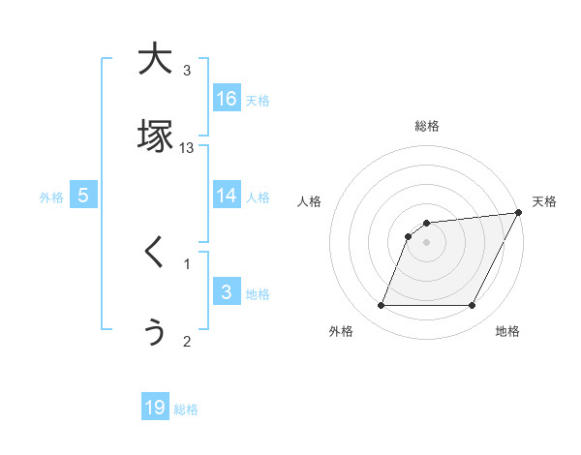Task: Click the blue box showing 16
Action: [x=227, y=98]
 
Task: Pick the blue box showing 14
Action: [x=227, y=196]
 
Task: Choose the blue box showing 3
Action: [x=227, y=292]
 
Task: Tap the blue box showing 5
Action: [x=83, y=196]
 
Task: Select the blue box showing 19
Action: [x=155, y=408]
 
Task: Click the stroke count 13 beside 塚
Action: [x=187, y=147]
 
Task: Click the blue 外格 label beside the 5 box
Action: [x=51, y=197]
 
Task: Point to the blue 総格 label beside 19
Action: [x=186, y=409]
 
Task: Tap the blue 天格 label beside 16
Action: [x=258, y=99]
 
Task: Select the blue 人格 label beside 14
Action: [x=258, y=197]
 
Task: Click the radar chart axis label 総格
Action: [x=427, y=126]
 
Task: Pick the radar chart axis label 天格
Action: [x=544, y=201]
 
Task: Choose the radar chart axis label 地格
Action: [x=507, y=331]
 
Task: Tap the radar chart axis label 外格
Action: [x=341, y=331]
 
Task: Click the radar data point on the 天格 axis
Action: [x=519, y=212]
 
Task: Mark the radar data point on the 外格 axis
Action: [x=381, y=306]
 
